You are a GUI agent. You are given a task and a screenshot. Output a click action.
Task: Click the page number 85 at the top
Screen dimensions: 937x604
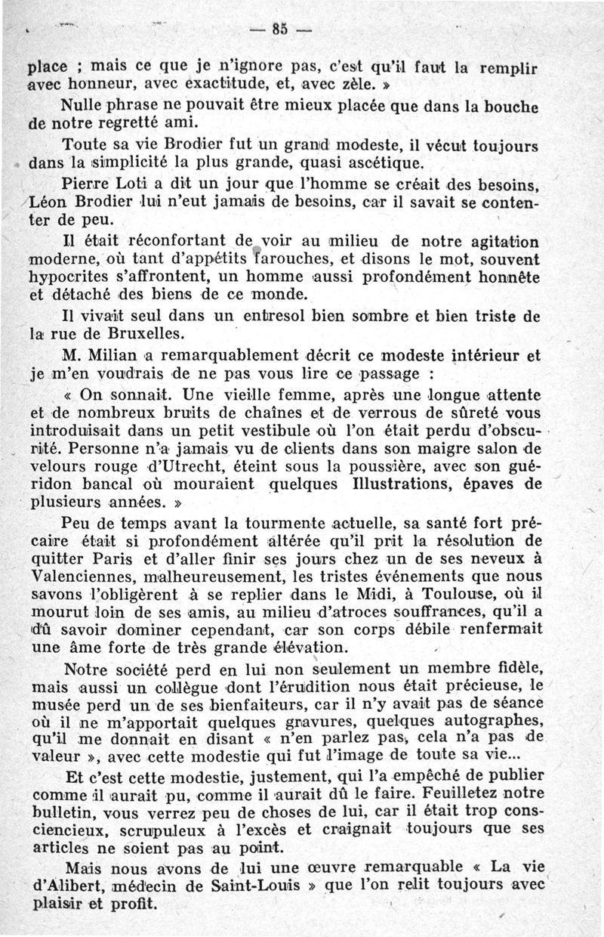click(x=280, y=30)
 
